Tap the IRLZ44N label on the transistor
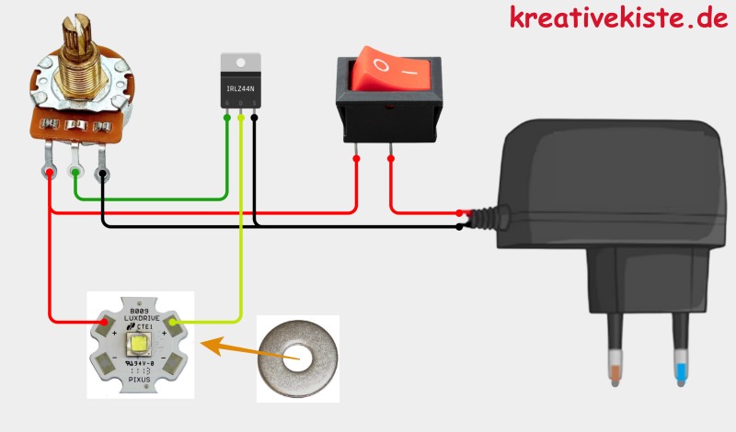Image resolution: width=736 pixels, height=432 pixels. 241,88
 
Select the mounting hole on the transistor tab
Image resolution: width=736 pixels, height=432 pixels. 241,63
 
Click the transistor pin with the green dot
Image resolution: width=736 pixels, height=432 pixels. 227,117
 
